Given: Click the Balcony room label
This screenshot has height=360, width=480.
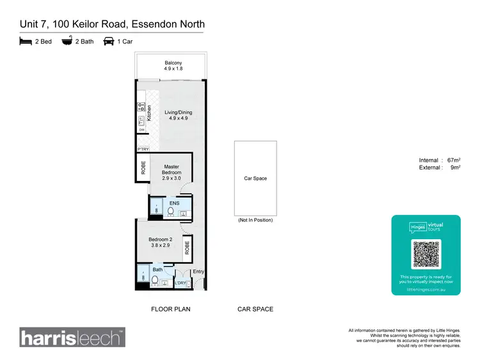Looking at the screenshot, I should click(173, 65).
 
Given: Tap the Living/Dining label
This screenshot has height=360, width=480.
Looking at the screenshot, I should click(178, 115).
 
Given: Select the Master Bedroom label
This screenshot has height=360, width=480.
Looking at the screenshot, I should click(171, 170).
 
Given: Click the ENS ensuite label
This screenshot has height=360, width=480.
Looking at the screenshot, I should click(174, 203).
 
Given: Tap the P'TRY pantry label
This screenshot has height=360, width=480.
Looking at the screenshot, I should click(143, 149).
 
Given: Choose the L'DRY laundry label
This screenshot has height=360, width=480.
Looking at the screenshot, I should click(180, 283).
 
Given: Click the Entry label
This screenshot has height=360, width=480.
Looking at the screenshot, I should click(198, 272).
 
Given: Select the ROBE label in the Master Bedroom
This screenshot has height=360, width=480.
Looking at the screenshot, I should click(143, 168).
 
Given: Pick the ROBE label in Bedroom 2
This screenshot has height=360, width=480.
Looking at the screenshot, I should click(186, 247).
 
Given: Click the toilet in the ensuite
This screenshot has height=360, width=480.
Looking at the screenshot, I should click(171, 210).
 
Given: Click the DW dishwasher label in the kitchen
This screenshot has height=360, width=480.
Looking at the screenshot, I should click(141, 130).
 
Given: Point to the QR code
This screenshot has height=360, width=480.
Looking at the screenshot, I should click(426, 254).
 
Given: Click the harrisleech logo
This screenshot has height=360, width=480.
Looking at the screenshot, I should click(72, 337).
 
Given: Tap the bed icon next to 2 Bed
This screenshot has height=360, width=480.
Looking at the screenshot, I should click(26, 42).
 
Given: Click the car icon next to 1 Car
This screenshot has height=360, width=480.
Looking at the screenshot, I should click(109, 42).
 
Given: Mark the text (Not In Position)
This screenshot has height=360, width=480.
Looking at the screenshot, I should click(255, 220).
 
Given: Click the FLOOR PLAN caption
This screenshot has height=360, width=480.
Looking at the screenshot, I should click(170, 309).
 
